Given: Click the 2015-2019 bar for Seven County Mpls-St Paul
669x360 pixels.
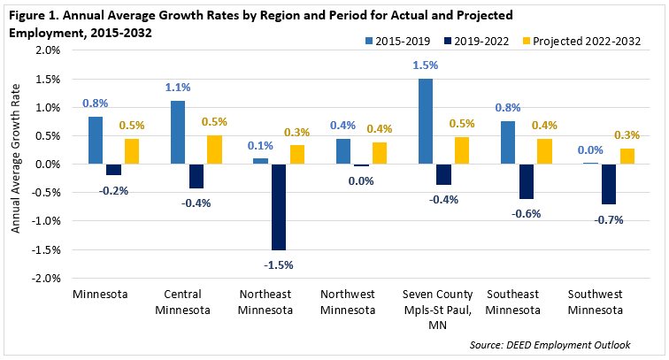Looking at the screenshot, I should click(425, 121).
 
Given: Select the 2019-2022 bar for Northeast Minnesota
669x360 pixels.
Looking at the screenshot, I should click(279, 207).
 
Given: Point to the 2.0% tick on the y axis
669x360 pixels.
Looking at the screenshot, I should click(47, 50).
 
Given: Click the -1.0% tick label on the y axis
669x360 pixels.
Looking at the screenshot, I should click(45, 221).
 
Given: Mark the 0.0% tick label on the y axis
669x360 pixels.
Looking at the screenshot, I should click(47, 165).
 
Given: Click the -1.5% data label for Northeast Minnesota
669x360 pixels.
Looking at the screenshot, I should click(279, 264).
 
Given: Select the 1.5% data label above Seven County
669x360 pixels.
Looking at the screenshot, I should click(425, 66).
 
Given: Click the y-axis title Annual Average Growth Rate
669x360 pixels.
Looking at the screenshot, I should click(15, 165).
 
